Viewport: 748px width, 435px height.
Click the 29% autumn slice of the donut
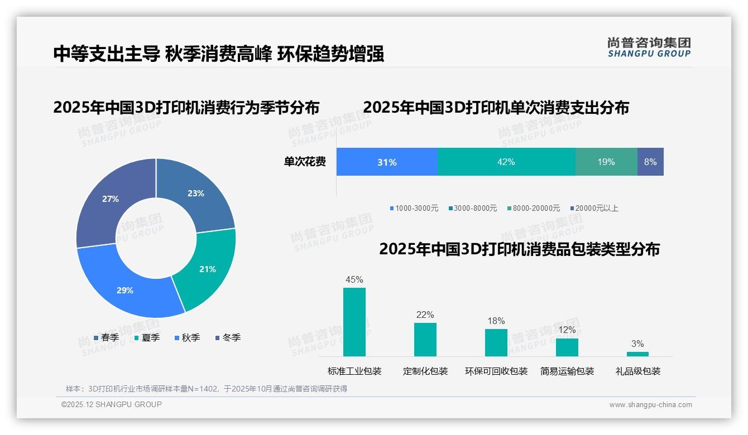tap(126, 290)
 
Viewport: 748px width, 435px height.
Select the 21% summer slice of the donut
tap(207, 269)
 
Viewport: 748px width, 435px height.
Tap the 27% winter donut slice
tap(111, 199)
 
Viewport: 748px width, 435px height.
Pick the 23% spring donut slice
tap(195, 194)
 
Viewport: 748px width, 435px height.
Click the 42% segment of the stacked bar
tap(506, 162)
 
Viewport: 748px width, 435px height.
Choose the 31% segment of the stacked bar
tap(387, 162)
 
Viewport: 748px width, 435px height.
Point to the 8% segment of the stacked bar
tap(650, 162)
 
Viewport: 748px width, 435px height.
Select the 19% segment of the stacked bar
tap(606, 162)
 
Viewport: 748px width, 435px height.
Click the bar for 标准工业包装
tap(354, 322)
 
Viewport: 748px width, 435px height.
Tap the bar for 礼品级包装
tap(637, 354)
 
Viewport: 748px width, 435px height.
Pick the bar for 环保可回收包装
tap(496, 342)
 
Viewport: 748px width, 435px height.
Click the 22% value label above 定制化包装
tap(425, 315)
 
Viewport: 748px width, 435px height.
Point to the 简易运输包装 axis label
tap(567, 371)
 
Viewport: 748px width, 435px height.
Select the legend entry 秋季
tap(188, 338)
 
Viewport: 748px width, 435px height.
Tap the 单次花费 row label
tap(305, 162)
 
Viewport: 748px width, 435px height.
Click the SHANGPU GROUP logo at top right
tap(649, 47)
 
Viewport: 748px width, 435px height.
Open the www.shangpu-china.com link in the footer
tap(650, 405)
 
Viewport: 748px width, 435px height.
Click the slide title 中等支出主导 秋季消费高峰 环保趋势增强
tap(219, 54)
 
